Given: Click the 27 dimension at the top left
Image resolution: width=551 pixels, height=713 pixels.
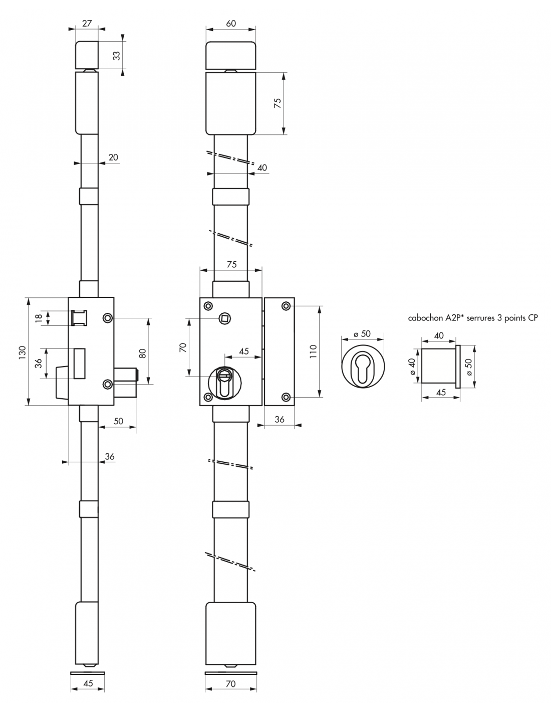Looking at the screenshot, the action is point(87,24).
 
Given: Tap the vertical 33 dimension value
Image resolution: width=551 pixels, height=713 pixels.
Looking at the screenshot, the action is point(117,56).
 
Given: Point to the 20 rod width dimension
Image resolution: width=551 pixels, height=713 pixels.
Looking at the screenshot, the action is point(113,157).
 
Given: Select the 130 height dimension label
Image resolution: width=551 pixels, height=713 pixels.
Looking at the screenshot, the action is point(22,352).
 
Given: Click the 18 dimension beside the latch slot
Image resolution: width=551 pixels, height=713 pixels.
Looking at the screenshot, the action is point(39,318).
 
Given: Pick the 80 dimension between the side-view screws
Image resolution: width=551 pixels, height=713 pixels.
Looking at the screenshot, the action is point(143,353).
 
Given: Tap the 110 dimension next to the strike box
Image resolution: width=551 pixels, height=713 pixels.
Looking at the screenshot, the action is point(314,351).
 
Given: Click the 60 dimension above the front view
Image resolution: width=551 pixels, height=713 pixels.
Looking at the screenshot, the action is point(231,24).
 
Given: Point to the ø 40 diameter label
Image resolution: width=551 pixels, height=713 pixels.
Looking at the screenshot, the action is point(412,366).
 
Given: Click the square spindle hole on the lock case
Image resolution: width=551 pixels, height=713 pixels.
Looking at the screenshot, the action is point(225,318).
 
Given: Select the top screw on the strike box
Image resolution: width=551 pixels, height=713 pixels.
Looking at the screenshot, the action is point(286,306).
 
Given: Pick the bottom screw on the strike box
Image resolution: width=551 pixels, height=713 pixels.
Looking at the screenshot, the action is point(286,397).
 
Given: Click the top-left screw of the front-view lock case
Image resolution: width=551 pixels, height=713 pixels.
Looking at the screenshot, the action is point(208,306).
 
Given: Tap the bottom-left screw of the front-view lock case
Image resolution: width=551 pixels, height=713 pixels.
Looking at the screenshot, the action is point(208,397).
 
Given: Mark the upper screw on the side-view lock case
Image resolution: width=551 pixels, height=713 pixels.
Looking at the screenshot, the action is point(108,318).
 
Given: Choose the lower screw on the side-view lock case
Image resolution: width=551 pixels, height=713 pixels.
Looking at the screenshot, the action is point(108,384).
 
